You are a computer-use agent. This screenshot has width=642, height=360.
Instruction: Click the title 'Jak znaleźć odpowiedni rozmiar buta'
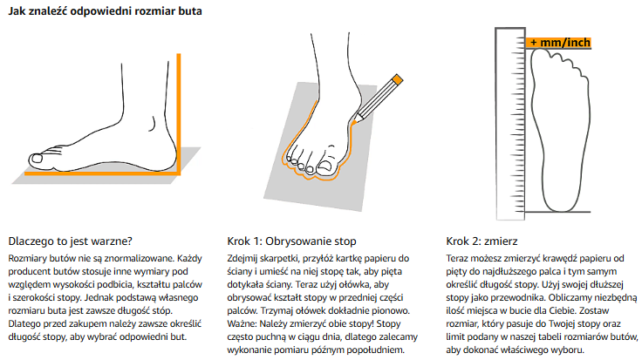click(x=106, y=11)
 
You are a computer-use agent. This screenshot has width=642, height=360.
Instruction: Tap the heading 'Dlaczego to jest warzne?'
click(x=71, y=241)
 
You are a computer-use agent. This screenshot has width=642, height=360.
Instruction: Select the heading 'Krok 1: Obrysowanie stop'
click(x=291, y=241)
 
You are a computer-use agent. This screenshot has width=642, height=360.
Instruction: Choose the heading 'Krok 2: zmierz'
click(x=481, y=241)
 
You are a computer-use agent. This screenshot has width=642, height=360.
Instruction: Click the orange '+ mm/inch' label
click(x=558, y=43)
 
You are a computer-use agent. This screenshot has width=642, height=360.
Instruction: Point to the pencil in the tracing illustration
click(x=377, y=99)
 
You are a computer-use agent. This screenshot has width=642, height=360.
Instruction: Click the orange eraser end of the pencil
click(x=397, y=79)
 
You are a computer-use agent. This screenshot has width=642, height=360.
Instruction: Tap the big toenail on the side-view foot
click(x=37, y=159)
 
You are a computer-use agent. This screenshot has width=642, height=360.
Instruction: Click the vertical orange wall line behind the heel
click(x=179, y=113)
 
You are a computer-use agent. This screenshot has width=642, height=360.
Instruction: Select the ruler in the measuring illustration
click(x=510, y=124)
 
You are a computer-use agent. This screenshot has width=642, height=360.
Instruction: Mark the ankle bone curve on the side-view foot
click(x=153, y=124)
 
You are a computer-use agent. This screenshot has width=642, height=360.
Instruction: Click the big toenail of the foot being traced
click(x=325, y=166)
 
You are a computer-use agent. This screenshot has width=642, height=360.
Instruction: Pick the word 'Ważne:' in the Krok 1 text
click(x=242, y=324)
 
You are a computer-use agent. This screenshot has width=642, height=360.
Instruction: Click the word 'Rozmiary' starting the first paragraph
click(x=27, y=259)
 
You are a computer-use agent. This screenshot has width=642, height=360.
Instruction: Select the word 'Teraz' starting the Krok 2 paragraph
click(x=457, y=259)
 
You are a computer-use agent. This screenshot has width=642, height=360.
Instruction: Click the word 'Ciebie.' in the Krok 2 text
click(x=563, y=311)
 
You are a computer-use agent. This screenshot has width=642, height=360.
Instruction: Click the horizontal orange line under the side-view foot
click(x=101, y=173)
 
